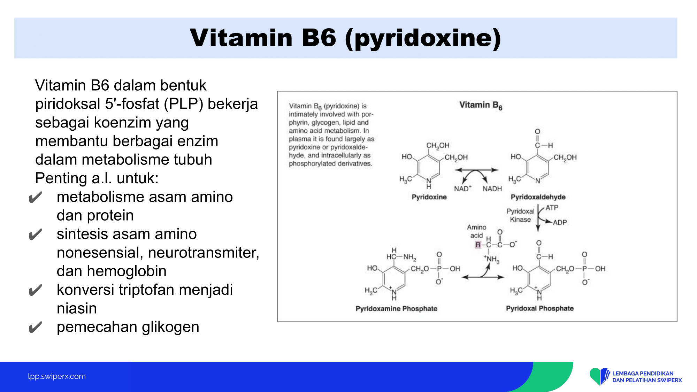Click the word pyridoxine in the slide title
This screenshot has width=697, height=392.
(x=423, y=38)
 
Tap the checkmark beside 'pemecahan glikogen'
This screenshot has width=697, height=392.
(x=35, y=327)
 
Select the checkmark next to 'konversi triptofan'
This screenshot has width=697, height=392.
(x=35, y=290)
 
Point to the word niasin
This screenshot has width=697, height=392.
(x=77, y=308)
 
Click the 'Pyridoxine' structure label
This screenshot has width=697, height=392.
(x=429, y=197)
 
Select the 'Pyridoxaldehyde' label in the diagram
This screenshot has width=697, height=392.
(x=538, y=197)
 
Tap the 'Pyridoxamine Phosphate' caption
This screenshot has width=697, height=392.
(x=396, y=308)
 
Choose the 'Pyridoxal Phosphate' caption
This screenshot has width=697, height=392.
(x=540, y=308)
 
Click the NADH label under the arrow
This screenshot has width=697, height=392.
(x=492, y=189)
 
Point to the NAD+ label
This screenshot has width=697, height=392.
(x=462, y=188)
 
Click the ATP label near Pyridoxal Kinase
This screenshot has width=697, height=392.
(x=552, y=208)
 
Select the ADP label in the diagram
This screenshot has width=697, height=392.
(x=560, y=222)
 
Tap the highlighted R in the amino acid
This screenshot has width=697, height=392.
(x=478, y=245)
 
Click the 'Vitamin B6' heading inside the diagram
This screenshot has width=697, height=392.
(x=481, y=105)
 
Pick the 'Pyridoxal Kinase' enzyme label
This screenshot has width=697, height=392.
(x=520, y=215)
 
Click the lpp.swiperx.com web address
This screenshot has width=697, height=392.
(x=57, y=376)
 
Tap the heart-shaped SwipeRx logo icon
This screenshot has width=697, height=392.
(x=599, y=376)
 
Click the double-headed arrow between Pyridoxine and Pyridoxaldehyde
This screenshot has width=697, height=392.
(x=477, y=170)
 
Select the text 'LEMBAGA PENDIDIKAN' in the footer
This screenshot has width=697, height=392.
(x=643, y=374)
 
